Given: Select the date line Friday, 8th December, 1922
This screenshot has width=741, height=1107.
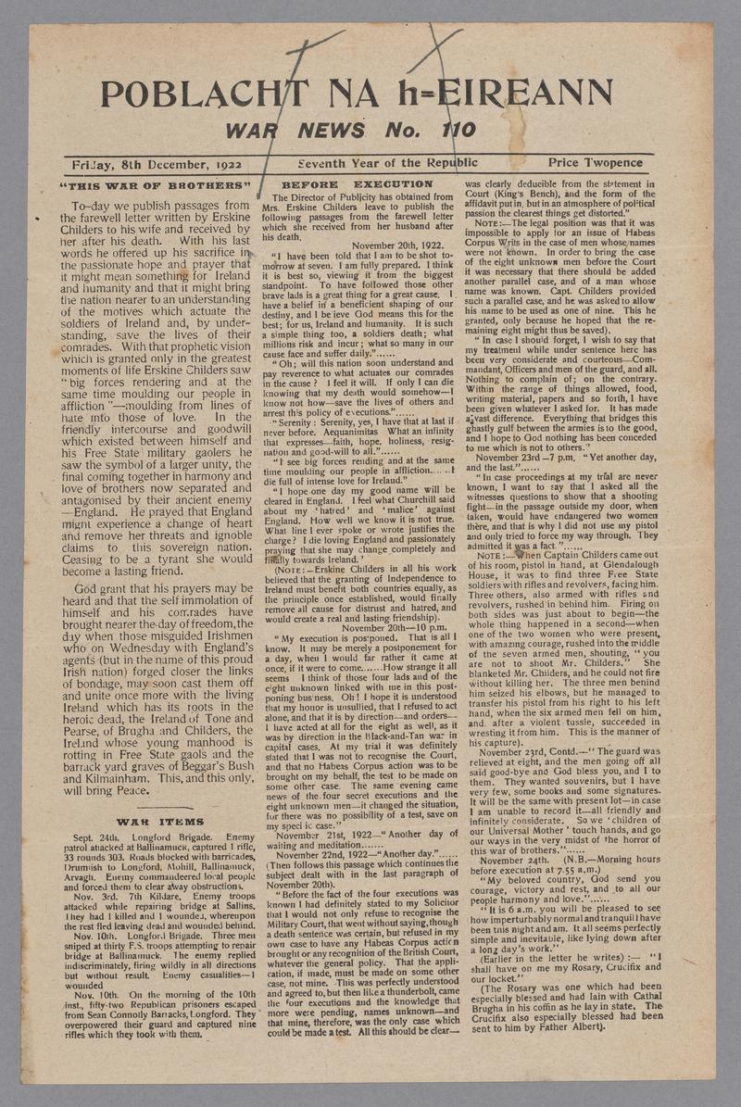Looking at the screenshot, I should click(x=157, y=164).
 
